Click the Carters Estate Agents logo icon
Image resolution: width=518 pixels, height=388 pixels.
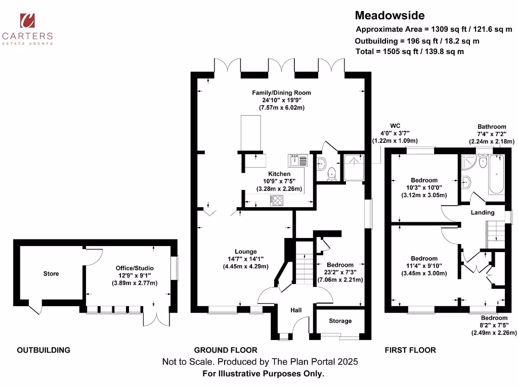(27, 20)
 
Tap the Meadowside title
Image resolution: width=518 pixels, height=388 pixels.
(390, 16)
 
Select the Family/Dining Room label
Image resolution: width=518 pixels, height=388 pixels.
(282, 92)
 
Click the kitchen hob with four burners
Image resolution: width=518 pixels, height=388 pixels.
(277, 200)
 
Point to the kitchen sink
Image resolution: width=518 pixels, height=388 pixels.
(298, 161)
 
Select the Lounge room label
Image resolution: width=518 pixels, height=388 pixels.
(245, 252)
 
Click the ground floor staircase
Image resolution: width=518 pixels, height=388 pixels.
(305, 268)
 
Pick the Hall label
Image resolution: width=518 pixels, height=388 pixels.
(296, 311)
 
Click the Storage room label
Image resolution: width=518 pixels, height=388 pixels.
(340, 321)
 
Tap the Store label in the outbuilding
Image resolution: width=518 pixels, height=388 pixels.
(51, 274)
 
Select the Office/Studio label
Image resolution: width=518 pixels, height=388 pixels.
(134, 268)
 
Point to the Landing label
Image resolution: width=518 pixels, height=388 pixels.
(482, 213)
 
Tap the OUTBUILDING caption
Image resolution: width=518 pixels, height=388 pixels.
(44, 350)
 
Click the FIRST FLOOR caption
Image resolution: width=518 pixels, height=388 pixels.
(410, 350)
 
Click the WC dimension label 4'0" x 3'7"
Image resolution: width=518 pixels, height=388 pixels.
(395, 133)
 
